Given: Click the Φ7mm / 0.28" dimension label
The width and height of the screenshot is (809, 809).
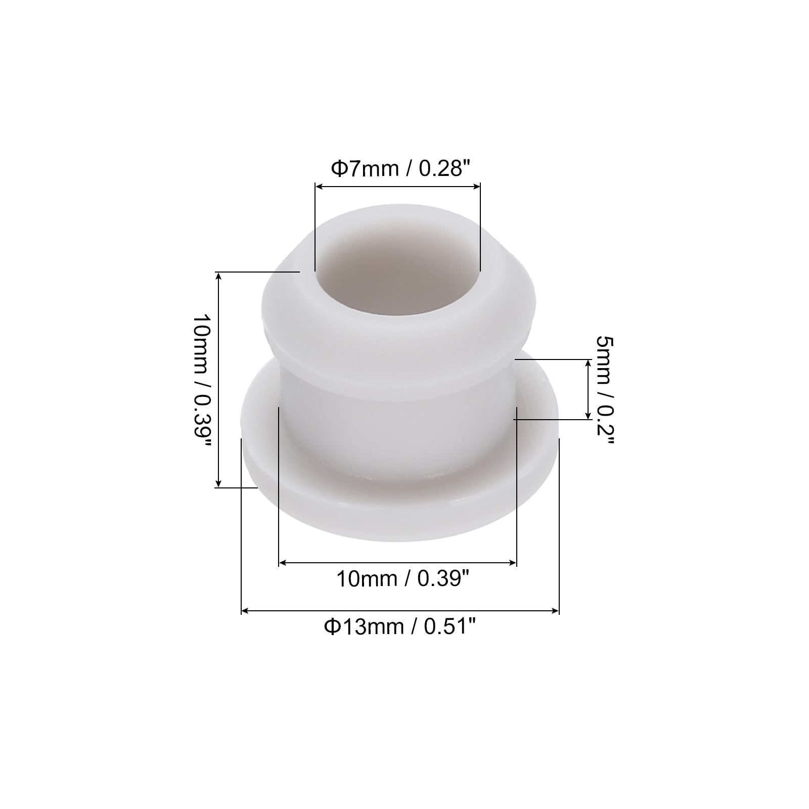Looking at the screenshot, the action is (397, 168).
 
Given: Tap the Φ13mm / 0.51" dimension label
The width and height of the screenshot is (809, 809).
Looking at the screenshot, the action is (400, 627).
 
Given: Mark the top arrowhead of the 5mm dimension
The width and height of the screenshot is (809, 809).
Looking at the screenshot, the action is (588, 363).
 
